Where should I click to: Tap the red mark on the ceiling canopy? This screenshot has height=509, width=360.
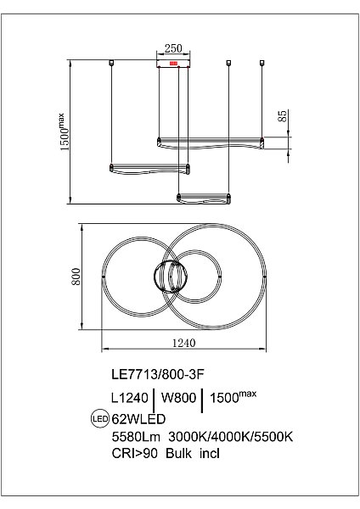tap(174, 62)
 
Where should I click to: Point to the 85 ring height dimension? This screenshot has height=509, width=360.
tap(281, 118)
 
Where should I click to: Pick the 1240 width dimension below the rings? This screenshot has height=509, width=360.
tap(184, 343)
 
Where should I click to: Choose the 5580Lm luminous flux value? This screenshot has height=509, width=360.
tap(133, 436)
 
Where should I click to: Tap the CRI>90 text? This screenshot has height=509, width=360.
tap(132, 454)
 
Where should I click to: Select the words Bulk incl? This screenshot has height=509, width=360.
tap(189, 454)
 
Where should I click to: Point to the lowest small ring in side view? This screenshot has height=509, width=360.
tap(203, 198)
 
